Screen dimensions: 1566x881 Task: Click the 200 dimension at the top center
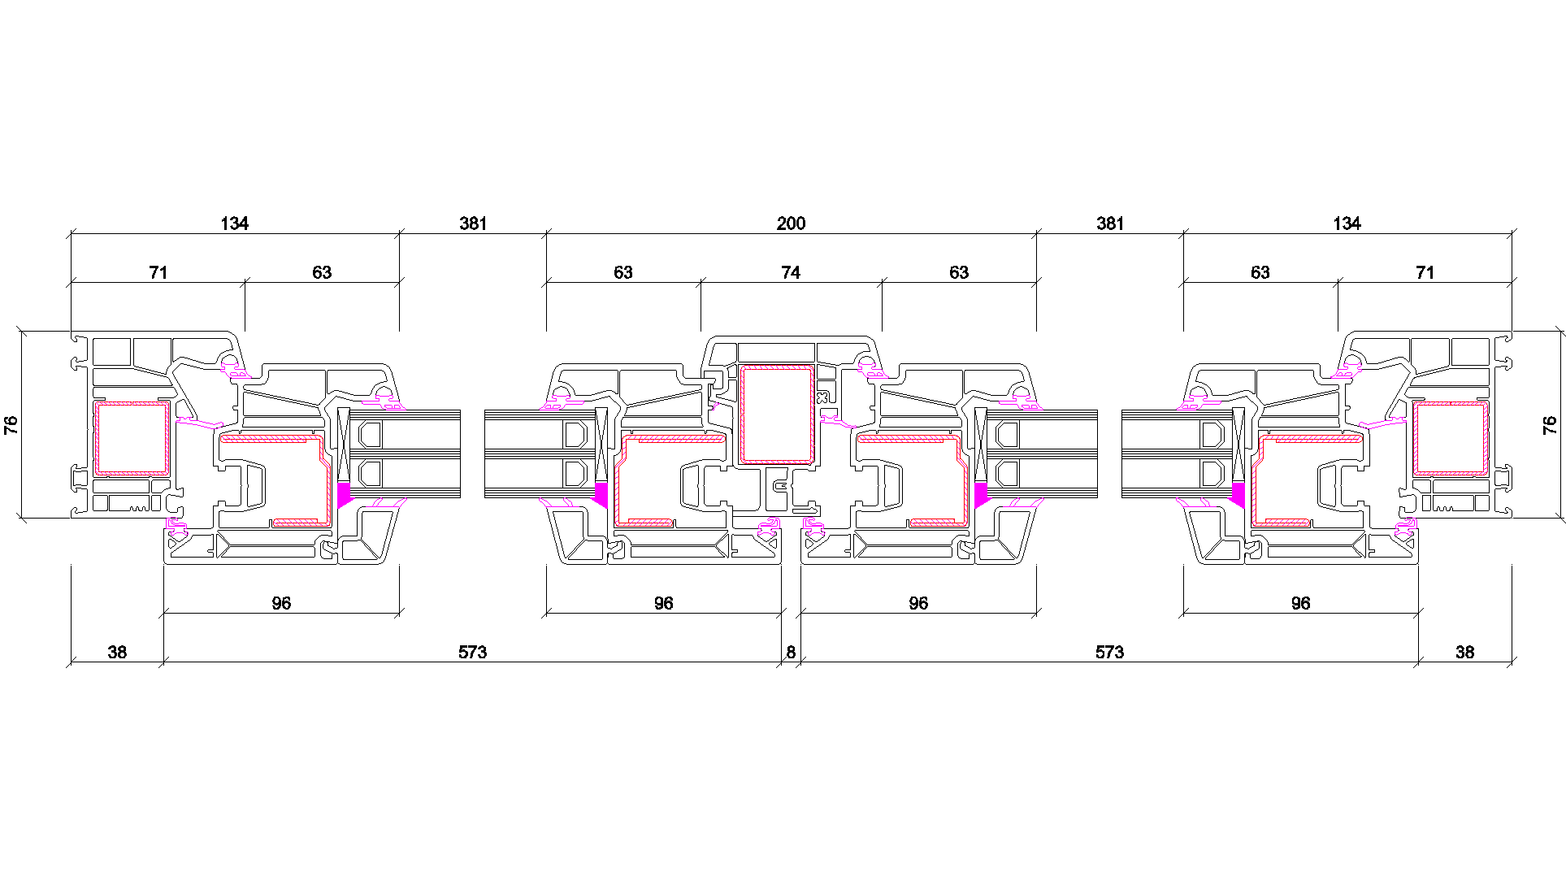pos(791,224)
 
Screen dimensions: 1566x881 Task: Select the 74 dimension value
pos(791,272)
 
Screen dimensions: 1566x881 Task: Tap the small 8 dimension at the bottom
pos(791,652)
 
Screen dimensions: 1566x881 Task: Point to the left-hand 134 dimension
pos(234,224)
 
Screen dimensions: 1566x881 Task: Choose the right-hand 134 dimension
pos(1347,224)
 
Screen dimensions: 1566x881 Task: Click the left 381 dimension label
pos(473,224)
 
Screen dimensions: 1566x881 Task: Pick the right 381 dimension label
pos(1110,224)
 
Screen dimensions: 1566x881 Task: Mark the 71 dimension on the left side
pos(158,272)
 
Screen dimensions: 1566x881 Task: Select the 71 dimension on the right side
pos(1425,272)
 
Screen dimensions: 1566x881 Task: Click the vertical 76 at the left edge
pos(11,424)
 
